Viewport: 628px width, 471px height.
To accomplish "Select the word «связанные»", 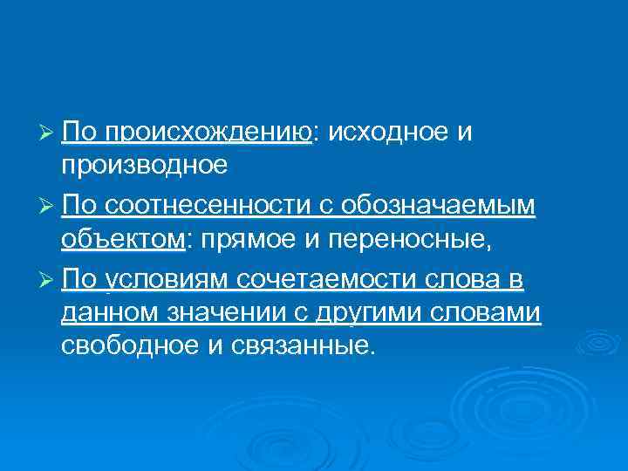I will [303, 347].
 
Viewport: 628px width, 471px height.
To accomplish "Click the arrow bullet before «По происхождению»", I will [49, 132].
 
